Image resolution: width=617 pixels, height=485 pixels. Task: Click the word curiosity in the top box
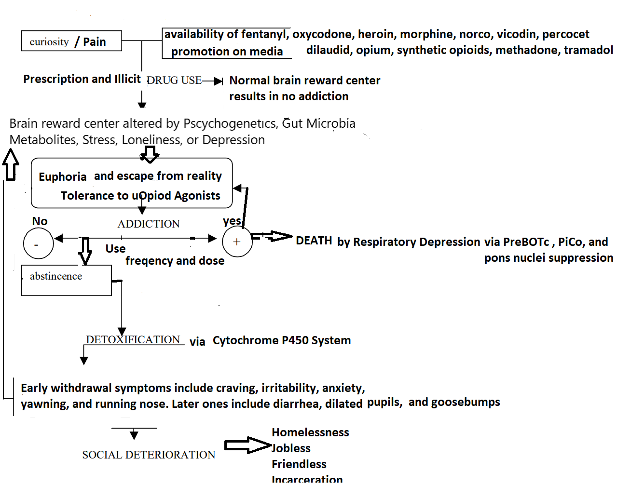pyautogui.click(x=49, y=42)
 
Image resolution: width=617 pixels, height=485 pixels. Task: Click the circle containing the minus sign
pyautogui.click(x=38, y=243)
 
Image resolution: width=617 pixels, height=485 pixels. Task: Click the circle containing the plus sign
pyautogui.click(x=237, y=242)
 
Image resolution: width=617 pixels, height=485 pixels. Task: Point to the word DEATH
pyautogui.click(x=314, y=241)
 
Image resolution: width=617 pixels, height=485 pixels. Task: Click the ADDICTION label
pyautogui.click(x=149, y=224)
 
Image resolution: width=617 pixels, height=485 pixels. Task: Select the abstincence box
pyautogui.click(x=66, y=280)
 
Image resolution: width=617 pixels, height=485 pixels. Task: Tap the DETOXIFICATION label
pyautogui.click(x=133, y=339)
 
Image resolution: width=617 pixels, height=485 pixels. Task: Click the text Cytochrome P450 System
pyautogui.click(x=282, y=340)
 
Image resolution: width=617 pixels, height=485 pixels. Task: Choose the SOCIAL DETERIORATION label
pyautogui.click(x=149, y=455)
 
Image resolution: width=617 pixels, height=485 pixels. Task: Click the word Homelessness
pyautogui.click(x=310, y=432)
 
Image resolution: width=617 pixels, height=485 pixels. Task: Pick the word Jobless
pyautogui.click(x=291, y=448)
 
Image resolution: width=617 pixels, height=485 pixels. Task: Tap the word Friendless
pyautogui.click(x=299, y=464)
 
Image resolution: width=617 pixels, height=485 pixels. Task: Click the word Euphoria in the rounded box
pyautogui.click(x=62, y=177)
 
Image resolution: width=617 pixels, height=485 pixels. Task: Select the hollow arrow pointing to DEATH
pyautogui.click(x=272, y=236)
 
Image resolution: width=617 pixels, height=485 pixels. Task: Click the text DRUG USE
pyautogui.click(x=174, y=81)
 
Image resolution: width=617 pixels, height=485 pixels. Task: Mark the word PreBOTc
pyautogui.click(x=526, y=242)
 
